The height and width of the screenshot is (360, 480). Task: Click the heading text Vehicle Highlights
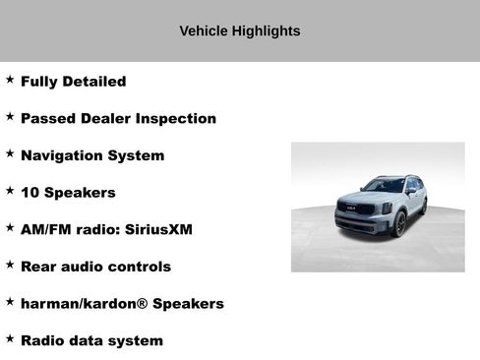pyautogui.click(x=239, y=31)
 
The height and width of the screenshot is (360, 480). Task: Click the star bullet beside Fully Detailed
pyautogui.click(x=10, y=80)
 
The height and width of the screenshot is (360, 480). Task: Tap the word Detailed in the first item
pyautogui.click(x=94, y=82)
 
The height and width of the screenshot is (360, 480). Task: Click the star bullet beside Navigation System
pyautogui.click(x=10, y=153)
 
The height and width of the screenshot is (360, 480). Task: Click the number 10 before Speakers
pyautogui.click(x=30, y=193)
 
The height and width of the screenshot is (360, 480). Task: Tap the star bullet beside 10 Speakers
pyautogui.click(x=10, y=191)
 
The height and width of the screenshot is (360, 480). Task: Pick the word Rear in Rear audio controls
pyautogui.click(x=39, y=267)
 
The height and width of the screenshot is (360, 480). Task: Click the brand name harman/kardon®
pyautogui.click(x=84, y=304)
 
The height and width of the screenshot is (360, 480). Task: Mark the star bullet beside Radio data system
pyautogui.click(x=10, y=338)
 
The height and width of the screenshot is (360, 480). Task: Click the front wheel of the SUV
pyautogui.click(x=399, y=224)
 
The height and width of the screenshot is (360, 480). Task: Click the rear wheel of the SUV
pyautogui.click(x=424, y=206)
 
